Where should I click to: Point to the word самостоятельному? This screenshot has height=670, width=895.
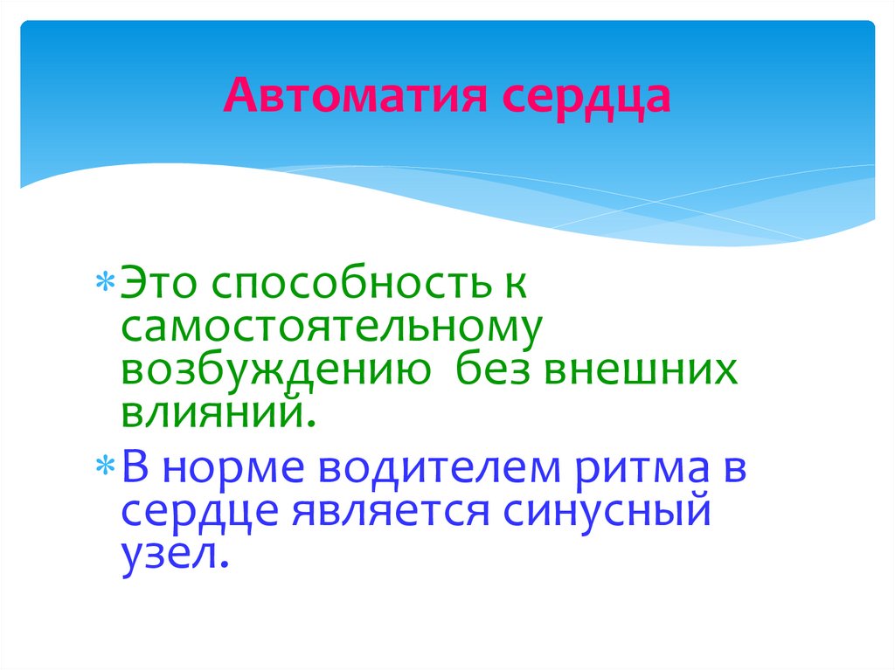pos(333,328)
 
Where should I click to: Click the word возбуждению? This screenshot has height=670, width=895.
pos(274,371)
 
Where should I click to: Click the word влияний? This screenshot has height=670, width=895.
pos(218,411)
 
